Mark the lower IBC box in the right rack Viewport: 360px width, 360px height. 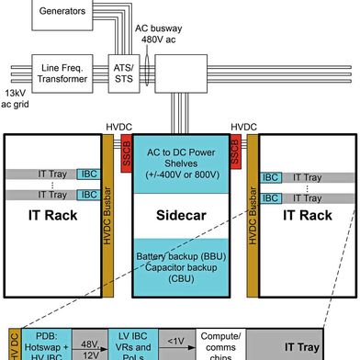272,197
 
